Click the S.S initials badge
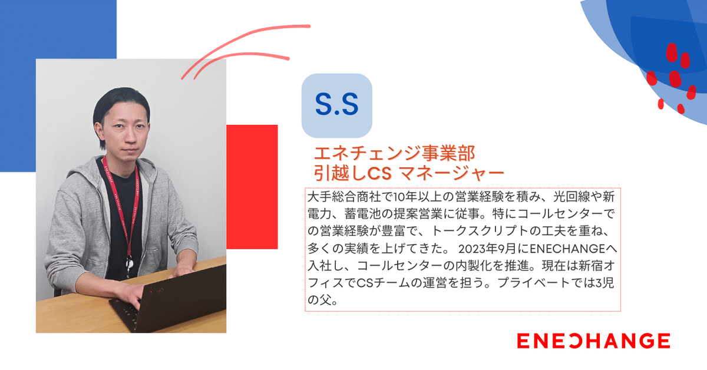337,106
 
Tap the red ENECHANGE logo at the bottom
594,341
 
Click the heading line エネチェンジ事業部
395,153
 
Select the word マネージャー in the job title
451,173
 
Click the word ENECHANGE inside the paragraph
567,249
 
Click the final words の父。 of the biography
323,300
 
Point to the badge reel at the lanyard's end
129,263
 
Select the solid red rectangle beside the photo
252,187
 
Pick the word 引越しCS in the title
353,173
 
